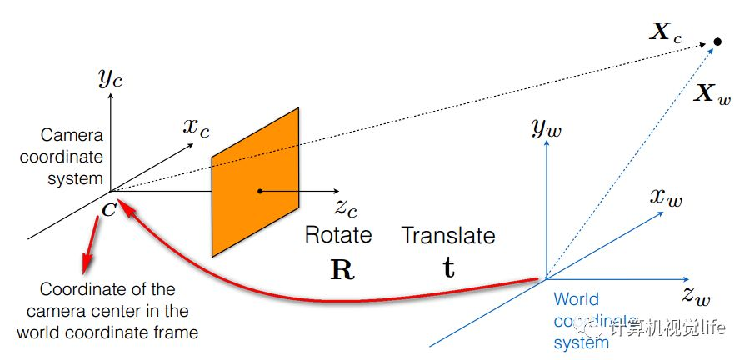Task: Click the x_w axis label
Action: (x=670, y=197)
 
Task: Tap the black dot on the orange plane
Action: (x=260, y=191)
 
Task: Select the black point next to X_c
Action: (x=717, y=42)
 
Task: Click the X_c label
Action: (x=667, y=34)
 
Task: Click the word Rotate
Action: (x=338, y=235)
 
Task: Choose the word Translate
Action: (x=448, y=235)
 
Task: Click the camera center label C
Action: (x=109, y=207)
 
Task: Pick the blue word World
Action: (x=576, y=299)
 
